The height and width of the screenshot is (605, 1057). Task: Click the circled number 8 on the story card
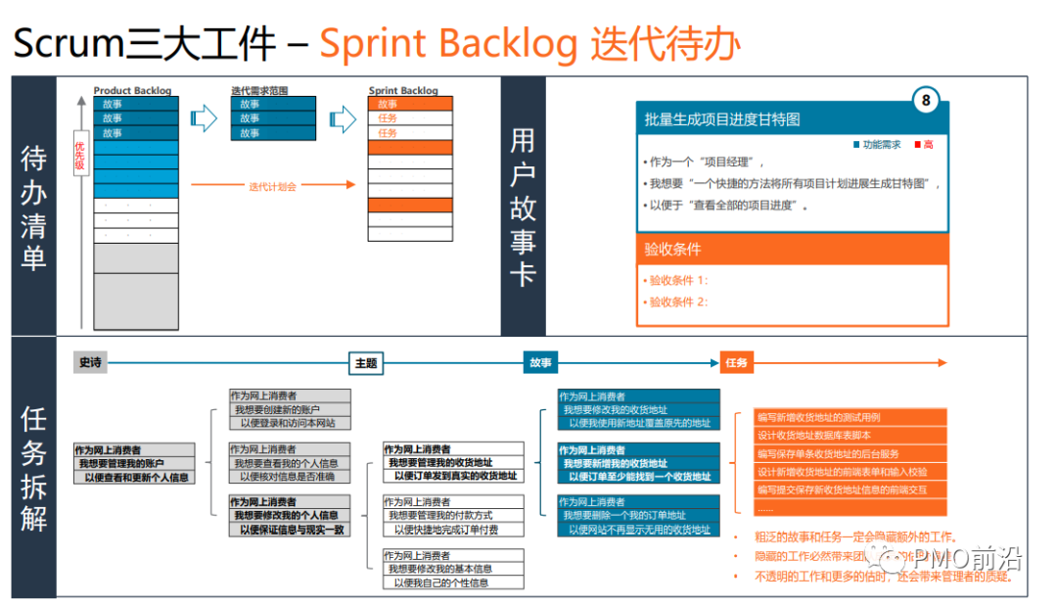[925, 100]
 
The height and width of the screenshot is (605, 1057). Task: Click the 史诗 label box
[90, 362]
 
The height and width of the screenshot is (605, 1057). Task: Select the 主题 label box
[365, 362]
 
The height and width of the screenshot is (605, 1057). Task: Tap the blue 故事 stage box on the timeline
[539, 362]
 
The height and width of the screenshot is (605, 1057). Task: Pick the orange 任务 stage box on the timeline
[736, 362]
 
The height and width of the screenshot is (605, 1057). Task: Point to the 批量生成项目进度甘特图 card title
[722, 119]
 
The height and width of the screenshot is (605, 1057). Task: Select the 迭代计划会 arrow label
[271, 186]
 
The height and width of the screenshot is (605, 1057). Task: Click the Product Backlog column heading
[132, 91]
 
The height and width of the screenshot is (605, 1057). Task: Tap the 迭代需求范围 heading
[259, 91]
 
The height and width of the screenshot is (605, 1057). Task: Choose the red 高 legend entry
[924, 145]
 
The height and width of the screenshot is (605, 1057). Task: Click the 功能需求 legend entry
[878, 145]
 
